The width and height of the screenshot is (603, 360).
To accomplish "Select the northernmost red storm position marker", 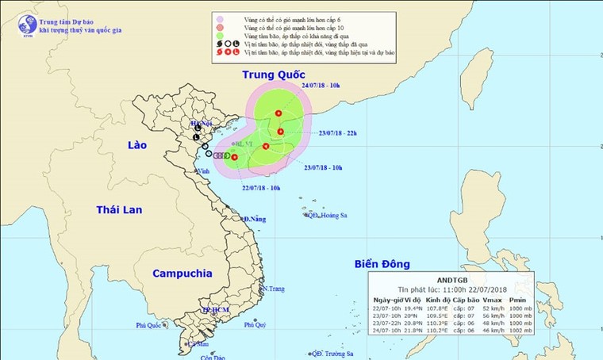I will pyautogui.click(x=278, y=114).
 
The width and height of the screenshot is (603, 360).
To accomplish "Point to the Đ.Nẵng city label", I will pyautogui.click(x=254, y=218).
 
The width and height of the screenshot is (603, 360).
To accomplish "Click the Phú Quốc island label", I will pyautogui.click(x=148, y=325).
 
